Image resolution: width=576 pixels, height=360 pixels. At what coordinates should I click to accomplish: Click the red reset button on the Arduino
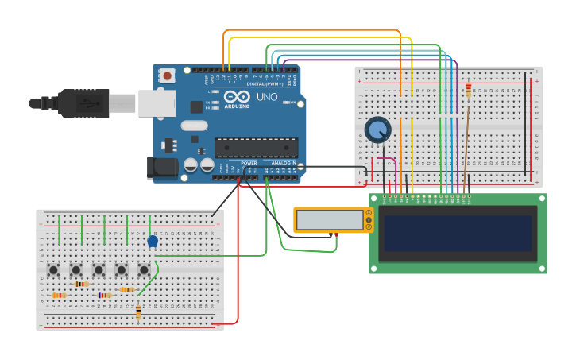[x=167, y=75]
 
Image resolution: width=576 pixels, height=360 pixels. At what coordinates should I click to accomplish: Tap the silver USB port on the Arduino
[x=156, y=103]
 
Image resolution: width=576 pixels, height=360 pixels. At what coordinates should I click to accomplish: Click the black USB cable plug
[x=83, y=103]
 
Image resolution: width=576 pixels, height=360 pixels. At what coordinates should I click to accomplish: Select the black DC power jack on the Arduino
[x=162, y=167]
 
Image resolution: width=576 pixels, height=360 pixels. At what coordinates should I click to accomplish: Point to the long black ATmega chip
[x=256, y=147]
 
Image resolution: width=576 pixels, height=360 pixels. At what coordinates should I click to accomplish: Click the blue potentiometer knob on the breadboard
[x=378, y=130]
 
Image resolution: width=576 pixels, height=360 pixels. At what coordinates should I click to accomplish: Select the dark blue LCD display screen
[x=457, y=232]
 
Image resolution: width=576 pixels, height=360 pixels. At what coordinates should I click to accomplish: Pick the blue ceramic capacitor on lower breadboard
[x=153, y=241]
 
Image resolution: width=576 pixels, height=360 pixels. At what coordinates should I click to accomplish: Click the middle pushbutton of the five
[x=99, y=269]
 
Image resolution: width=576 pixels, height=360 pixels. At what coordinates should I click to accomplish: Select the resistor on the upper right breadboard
[x=468, y=91]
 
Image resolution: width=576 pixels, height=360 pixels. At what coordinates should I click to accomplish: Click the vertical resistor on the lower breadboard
[x=138, y=311]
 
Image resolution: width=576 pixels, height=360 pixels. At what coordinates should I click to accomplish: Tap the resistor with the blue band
[x=105, y=295]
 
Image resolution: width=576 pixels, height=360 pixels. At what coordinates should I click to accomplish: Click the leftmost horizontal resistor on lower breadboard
[x=59, y=296]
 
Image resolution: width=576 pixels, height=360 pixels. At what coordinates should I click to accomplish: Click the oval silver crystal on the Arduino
[x=194, y=125]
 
